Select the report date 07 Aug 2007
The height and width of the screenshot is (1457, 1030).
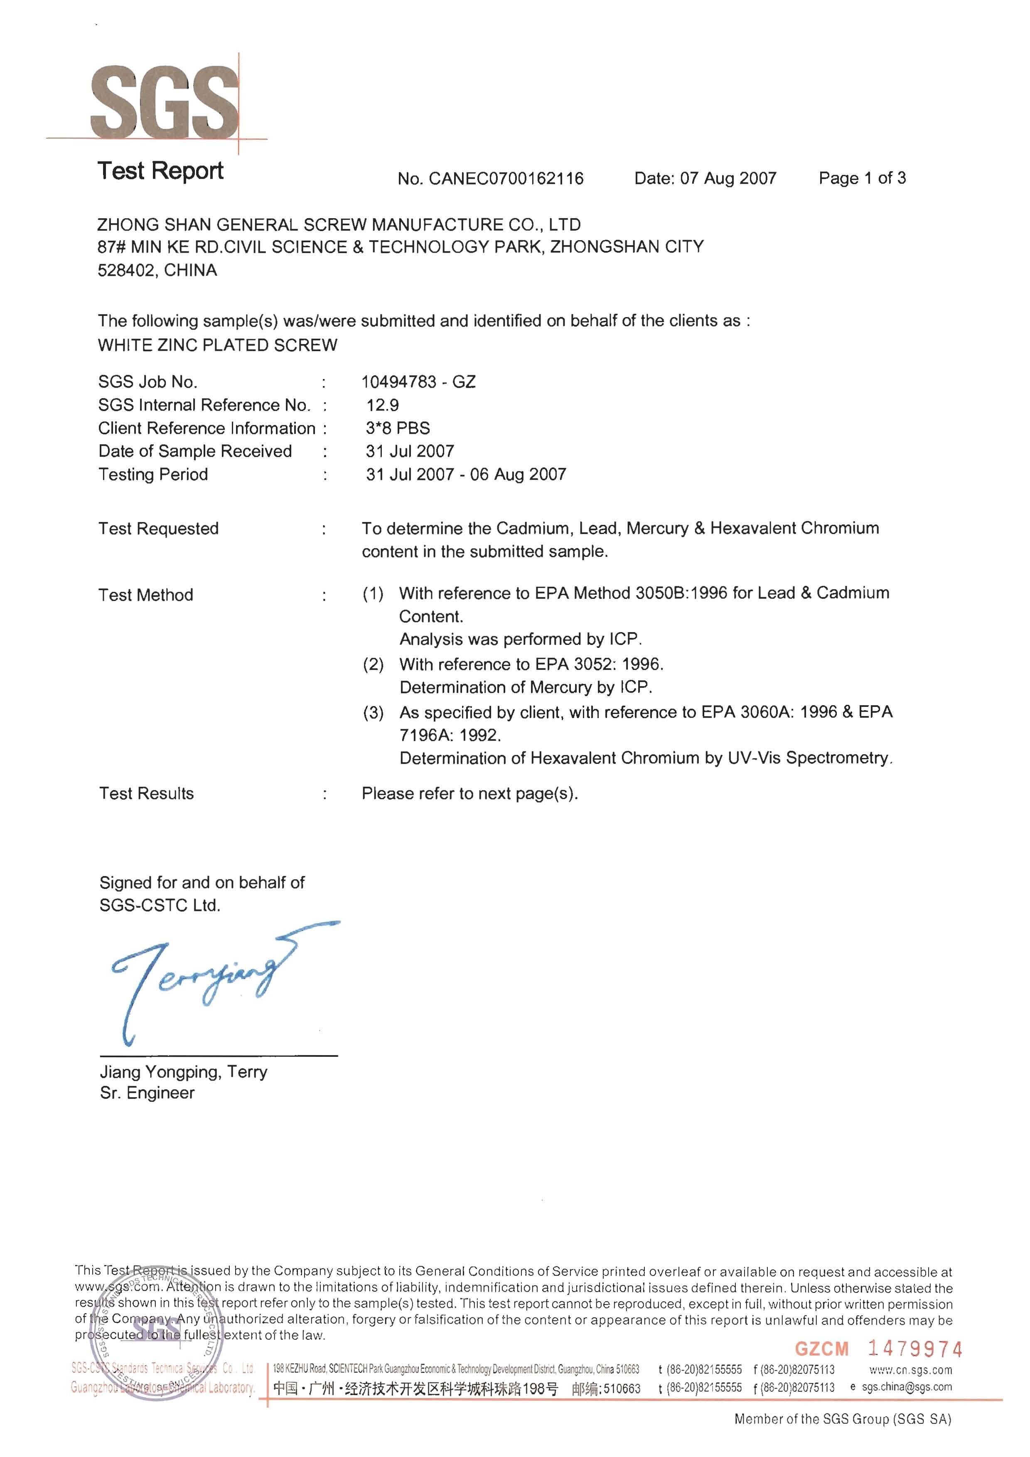(x=728, y=178)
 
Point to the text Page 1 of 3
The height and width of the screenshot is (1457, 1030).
(x=862, y=178)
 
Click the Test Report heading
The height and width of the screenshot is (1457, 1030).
(x=160, y=171)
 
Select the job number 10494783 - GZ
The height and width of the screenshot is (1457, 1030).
(x=418, y=381)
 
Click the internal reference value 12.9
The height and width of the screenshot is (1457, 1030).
(x=383, y=405)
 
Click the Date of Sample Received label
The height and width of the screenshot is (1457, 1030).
(x=195, y=451)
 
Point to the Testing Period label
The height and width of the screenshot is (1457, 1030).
(x=153, y=474)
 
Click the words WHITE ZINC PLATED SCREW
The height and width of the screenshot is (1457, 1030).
(x=218, y=345)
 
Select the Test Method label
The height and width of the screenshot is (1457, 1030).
(x=146, y=595)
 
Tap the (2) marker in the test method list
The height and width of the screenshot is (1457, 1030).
(x=373, y=665)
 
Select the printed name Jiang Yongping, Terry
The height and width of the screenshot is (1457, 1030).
(x=183, y=1072)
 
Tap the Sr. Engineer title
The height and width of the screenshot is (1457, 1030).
(x=147, y=1093)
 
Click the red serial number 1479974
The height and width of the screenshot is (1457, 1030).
(x=914, y=1349)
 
